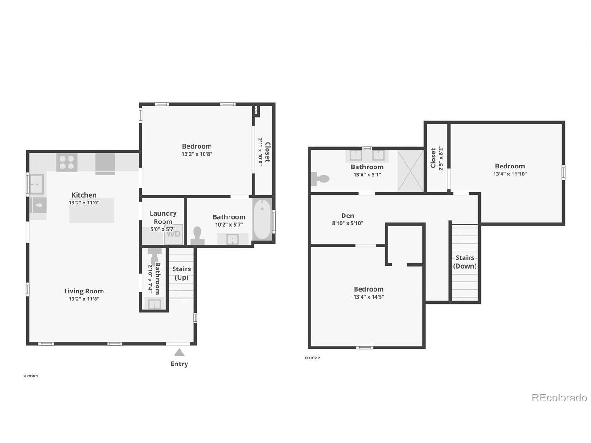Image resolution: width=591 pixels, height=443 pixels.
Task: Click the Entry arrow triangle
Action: [179, 353]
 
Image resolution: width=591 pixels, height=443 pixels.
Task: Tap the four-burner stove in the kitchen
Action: [67, 162]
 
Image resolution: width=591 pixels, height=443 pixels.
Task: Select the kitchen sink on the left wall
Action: [36, 184]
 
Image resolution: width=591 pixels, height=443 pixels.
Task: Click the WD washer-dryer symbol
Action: [174, 234]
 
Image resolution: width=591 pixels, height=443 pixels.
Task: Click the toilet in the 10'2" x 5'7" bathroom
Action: [197, 236]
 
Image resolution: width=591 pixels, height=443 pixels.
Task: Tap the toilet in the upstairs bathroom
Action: [320, 179]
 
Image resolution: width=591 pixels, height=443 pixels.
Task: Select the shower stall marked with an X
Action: [410, 171]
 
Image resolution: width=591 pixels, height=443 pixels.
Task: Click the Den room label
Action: [348, 216]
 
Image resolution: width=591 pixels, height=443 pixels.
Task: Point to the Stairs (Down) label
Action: [465, 262]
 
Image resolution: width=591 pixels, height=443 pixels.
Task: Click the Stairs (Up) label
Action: [181, 273]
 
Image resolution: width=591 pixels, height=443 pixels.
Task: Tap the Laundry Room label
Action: [163, 217]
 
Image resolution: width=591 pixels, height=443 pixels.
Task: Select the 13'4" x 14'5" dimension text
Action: [368, 297]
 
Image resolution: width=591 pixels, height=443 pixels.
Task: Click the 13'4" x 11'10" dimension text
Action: [510, 174]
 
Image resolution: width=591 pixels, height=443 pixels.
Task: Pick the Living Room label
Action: [84, 291]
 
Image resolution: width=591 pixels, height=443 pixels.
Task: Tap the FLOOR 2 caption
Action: [312, 358]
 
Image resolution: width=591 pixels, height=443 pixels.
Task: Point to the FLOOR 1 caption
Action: [30, 376]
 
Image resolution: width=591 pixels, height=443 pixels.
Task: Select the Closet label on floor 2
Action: [433, 158]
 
